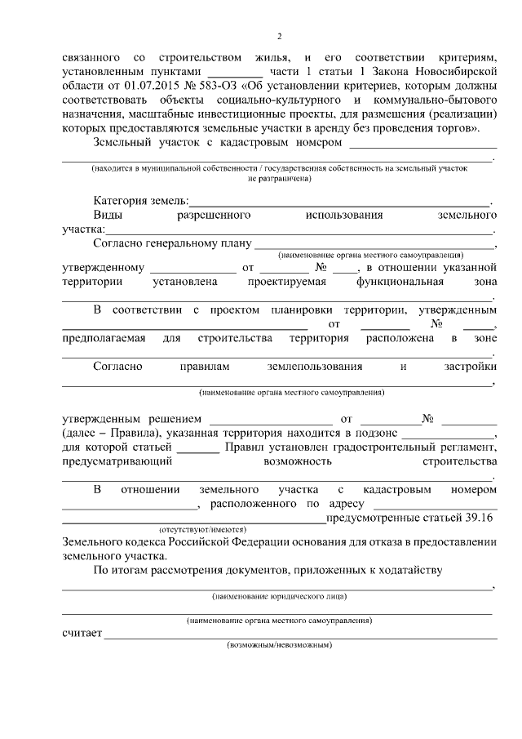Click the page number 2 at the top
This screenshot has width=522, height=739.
pos(278,37)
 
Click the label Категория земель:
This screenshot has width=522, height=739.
pos(140,200)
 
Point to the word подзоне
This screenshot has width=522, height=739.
pos(375,433)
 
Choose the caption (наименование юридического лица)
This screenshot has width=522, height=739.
pos(278,596)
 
